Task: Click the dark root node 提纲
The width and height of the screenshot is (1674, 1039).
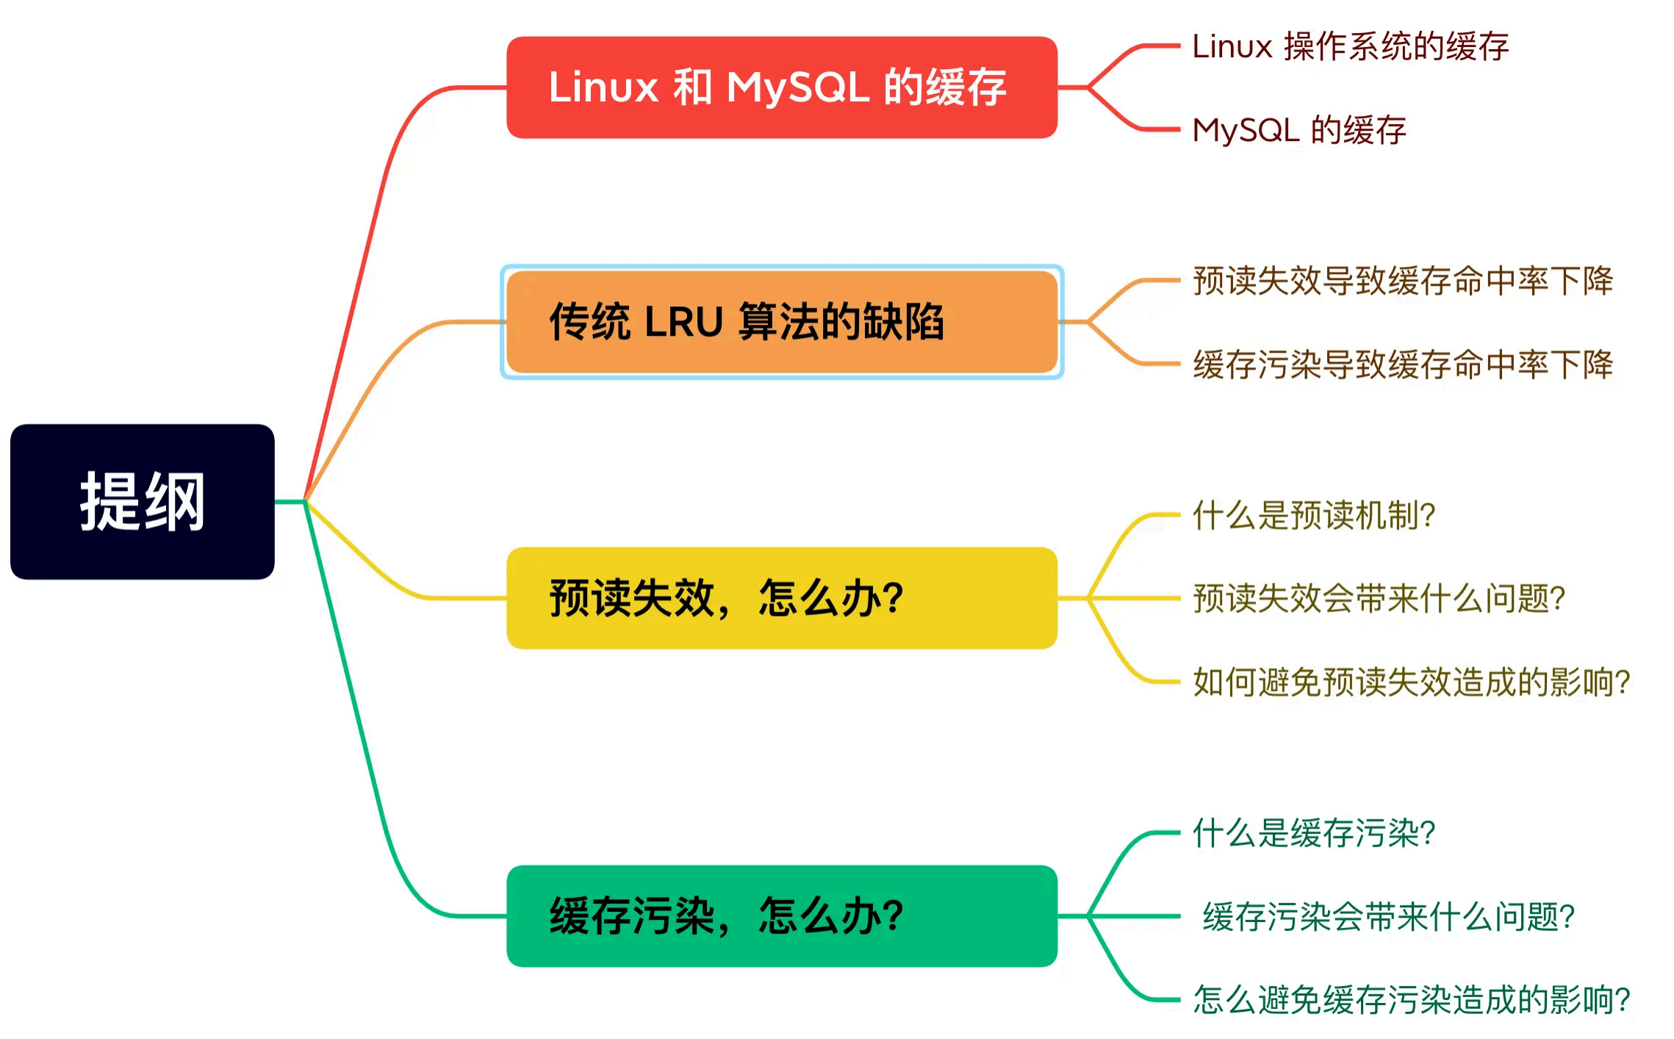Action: (x=142, y=502)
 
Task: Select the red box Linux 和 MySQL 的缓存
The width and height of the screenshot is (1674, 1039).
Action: (x=781, y=87)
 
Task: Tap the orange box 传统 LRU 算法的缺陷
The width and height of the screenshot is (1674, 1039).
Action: (x=781, y=322)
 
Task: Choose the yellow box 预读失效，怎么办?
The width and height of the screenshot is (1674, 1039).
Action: (x=781, y=598)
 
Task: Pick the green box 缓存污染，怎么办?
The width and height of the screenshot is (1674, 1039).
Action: (x=781, y=916)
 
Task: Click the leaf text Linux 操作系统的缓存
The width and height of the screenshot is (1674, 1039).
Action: (x=1350, y=46)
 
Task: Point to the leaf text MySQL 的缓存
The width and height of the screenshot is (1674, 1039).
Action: (x=1298, y=130)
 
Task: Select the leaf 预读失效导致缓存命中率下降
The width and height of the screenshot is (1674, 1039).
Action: (x=1402, y=281)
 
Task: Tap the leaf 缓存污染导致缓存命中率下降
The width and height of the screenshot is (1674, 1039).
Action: (x=1402, y=364)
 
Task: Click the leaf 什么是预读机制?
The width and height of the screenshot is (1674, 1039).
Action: (x=1313, y=515)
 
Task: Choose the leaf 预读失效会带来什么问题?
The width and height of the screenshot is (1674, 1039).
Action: (x=1379, y=598)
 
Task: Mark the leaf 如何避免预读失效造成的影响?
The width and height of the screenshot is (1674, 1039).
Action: (x=1411, y=682)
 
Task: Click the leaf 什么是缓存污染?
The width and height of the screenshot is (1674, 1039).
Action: (x=1313, y=833)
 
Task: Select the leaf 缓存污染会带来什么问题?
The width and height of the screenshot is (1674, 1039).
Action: (x=1388, y=916)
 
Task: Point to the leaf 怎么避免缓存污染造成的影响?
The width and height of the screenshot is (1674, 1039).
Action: (x=1411, y=1000)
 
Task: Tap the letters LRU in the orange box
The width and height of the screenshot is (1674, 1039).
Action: (x=683, y=322)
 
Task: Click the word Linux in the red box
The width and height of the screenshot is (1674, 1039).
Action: (x=603, y=87)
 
